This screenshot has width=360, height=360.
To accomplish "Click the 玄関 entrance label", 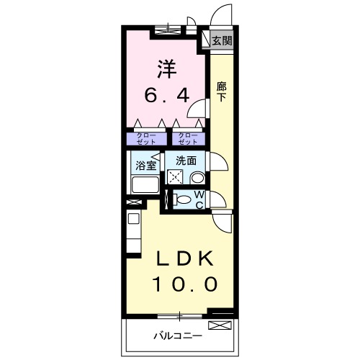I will tap(222, 41).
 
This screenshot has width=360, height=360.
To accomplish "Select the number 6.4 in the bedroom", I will tap(168, 94).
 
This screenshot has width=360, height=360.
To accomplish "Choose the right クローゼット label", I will tap(186, 138).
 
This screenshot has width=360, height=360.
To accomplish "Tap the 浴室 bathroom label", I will tap(146, 165).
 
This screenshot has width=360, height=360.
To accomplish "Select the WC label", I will tap(199, 199).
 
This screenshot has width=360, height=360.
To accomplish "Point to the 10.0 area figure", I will tap(184, 284).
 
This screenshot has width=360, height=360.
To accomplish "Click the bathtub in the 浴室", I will tap(145, 185).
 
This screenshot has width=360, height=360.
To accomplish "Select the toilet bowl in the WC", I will tap(183, 199).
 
